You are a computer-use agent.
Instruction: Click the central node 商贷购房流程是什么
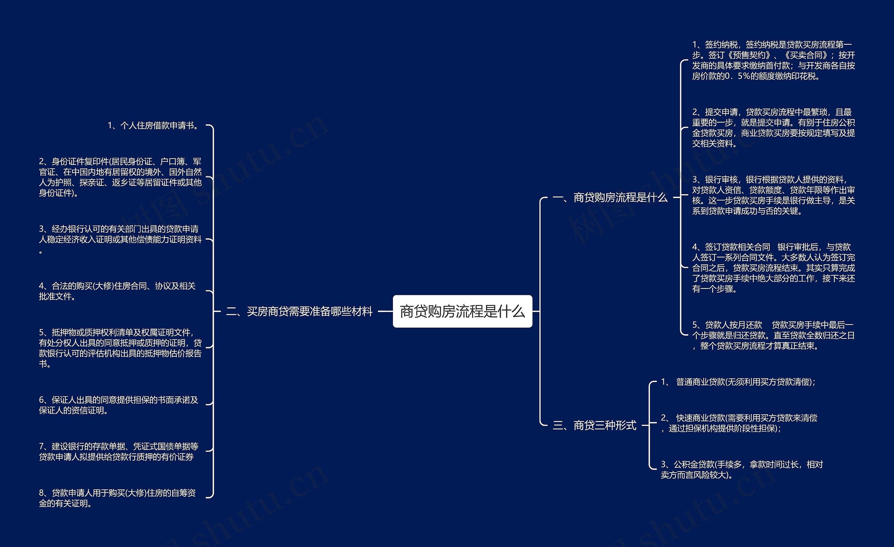click(x=462, y=312)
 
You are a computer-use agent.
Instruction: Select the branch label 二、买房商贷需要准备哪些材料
click(x=299, y=312)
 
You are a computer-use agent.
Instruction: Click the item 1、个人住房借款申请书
click(x=154, y=126)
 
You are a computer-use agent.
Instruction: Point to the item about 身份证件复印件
click(x=120, y=177)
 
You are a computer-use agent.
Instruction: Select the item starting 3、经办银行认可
click(x=120, y=239)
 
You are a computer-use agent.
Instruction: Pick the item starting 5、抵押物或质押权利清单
click(x=120, y=348)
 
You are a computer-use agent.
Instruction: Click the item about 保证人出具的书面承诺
click(x=119, y=405)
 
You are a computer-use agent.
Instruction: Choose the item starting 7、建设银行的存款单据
click(x=119, y=452)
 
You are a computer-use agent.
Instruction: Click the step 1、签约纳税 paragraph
click(x=774, y=60)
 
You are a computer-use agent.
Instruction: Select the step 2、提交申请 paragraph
click(x=774, y=128)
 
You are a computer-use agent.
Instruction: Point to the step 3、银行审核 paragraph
click(x=774, y=195)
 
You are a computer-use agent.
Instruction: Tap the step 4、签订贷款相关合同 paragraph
click(x=774, y=268)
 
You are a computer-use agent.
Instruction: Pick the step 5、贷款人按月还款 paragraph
click(x=774, y=335)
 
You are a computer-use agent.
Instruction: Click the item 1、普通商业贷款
click(x=738, y=382)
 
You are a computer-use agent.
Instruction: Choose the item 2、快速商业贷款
click(x=739, y=423)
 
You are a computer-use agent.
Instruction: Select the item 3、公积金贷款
click(x=742, y=470)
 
